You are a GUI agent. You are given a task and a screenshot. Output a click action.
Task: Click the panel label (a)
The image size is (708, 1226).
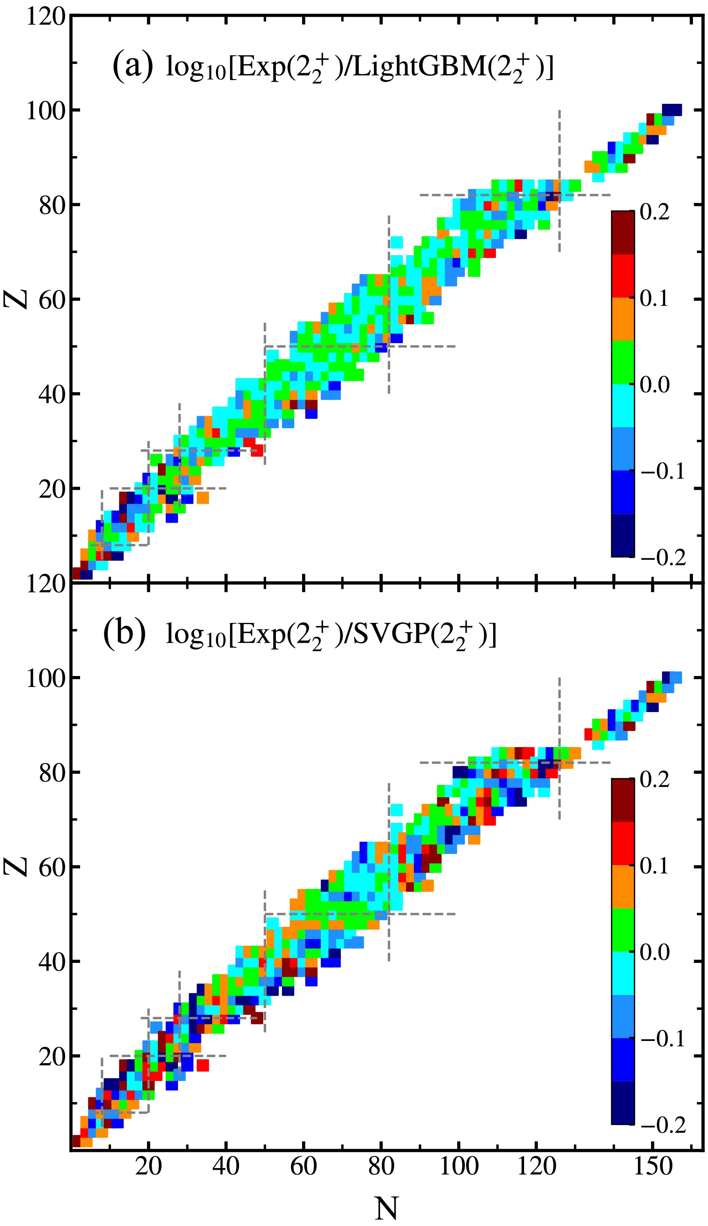(x=133, y=67)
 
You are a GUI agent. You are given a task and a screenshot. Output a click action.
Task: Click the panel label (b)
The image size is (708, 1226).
(x=124, y=634)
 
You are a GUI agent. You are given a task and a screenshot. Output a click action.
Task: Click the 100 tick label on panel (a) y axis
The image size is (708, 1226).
(x=45, y=111)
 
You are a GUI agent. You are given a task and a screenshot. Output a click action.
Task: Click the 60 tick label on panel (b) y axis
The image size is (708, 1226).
(x=52, y=867)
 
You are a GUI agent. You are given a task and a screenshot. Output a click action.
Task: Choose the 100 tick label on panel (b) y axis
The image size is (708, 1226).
(x=45, y=678)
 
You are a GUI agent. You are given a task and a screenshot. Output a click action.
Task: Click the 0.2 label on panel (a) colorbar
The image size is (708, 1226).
(x=654, y=213)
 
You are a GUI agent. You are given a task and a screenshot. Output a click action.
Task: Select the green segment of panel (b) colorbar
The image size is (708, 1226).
(x=622, y=930)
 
